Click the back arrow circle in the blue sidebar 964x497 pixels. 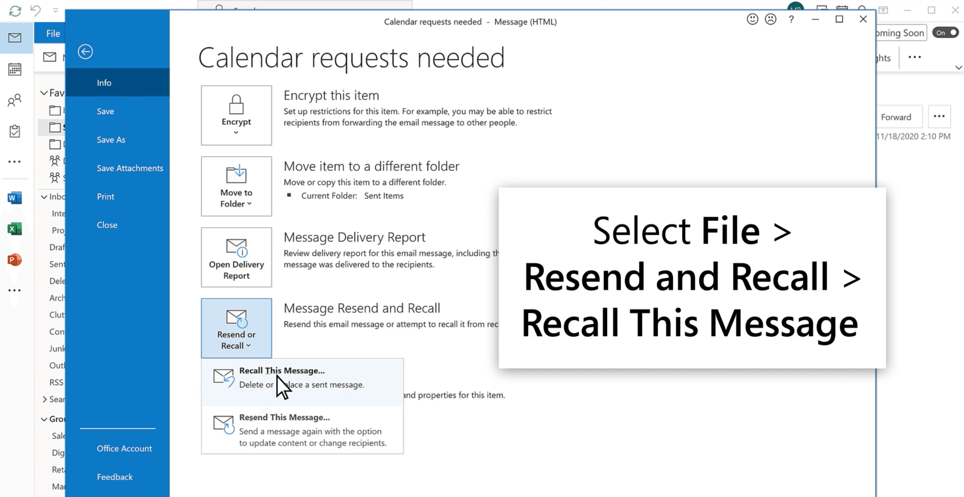click(x=85, y=52)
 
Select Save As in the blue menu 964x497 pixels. click(x=111, y=140)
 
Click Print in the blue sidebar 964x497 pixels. click(x=106, y=197)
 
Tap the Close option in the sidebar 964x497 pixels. click(x=107, y=225)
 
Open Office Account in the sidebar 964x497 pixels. click(x=124, y=448)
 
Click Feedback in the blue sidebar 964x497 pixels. click(x=115, y=477)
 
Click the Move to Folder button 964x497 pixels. click(x=236, y=186)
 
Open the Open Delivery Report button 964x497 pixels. click(x=236, y=257)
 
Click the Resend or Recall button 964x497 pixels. click(x=236, y=328)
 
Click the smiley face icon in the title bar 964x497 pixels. click(x=752, y=19)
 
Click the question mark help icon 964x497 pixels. click(x=791, y=20)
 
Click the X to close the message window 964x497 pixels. click(x=863, y=19)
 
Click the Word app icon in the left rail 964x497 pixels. click(x=15, y=198)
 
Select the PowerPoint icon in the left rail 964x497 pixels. click(x=15, y=259)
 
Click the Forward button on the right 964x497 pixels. click(x=896, y=117)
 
